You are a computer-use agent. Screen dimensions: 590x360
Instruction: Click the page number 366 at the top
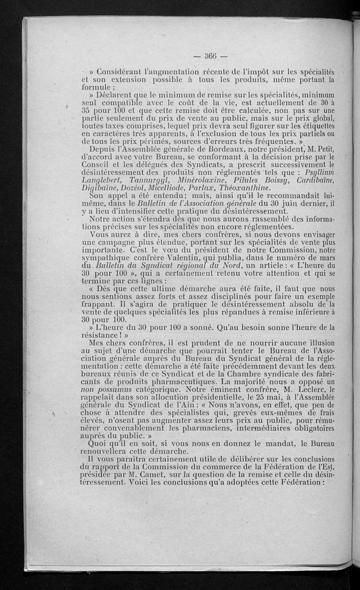[211, 56]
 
